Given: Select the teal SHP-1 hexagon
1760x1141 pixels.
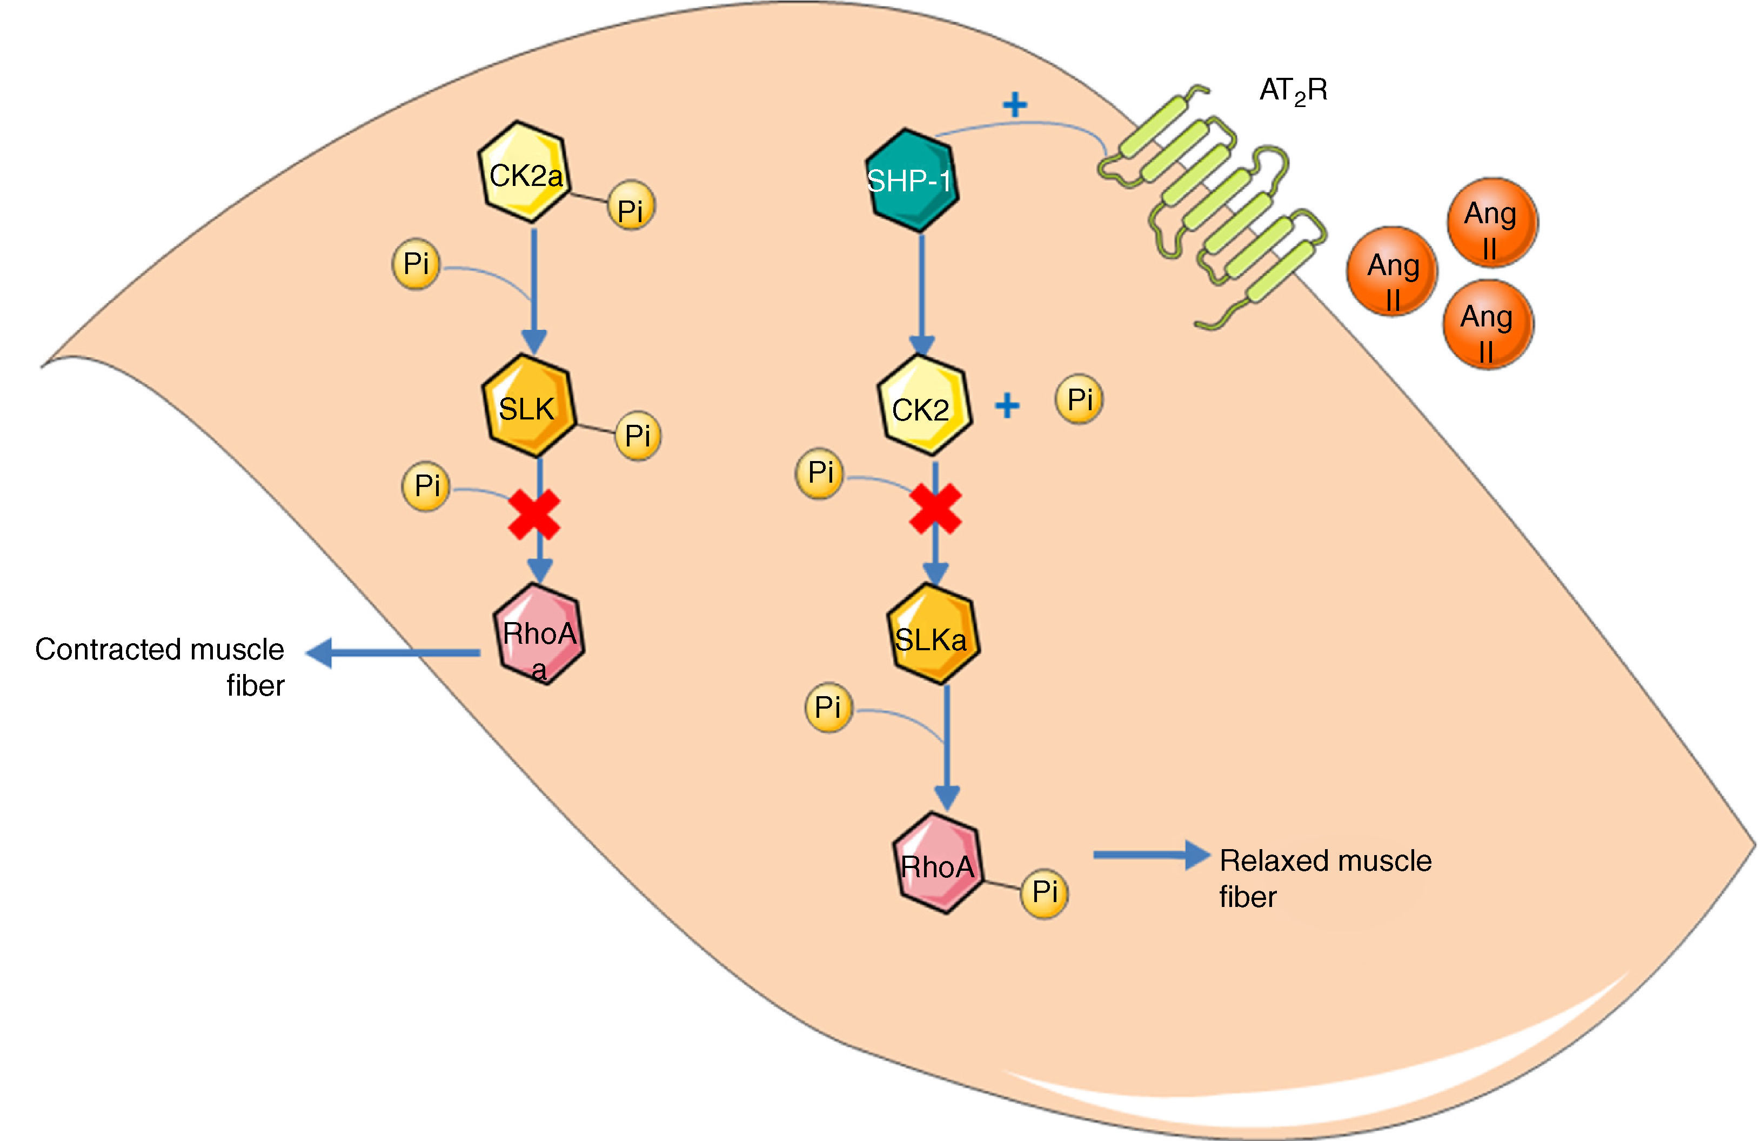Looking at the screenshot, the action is pos(912,181).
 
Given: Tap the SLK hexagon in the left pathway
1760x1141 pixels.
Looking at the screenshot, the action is pos(528,406).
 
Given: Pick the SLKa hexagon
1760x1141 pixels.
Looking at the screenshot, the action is pos(933,633).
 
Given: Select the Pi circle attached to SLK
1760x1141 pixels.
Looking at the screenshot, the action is pos(638,436).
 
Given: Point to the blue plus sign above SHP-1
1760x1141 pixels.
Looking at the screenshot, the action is pos(1015,105).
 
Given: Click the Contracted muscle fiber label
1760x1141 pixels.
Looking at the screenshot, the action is pos(160,667).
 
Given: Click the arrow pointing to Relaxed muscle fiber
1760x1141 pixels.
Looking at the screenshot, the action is pos(1152,856).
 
